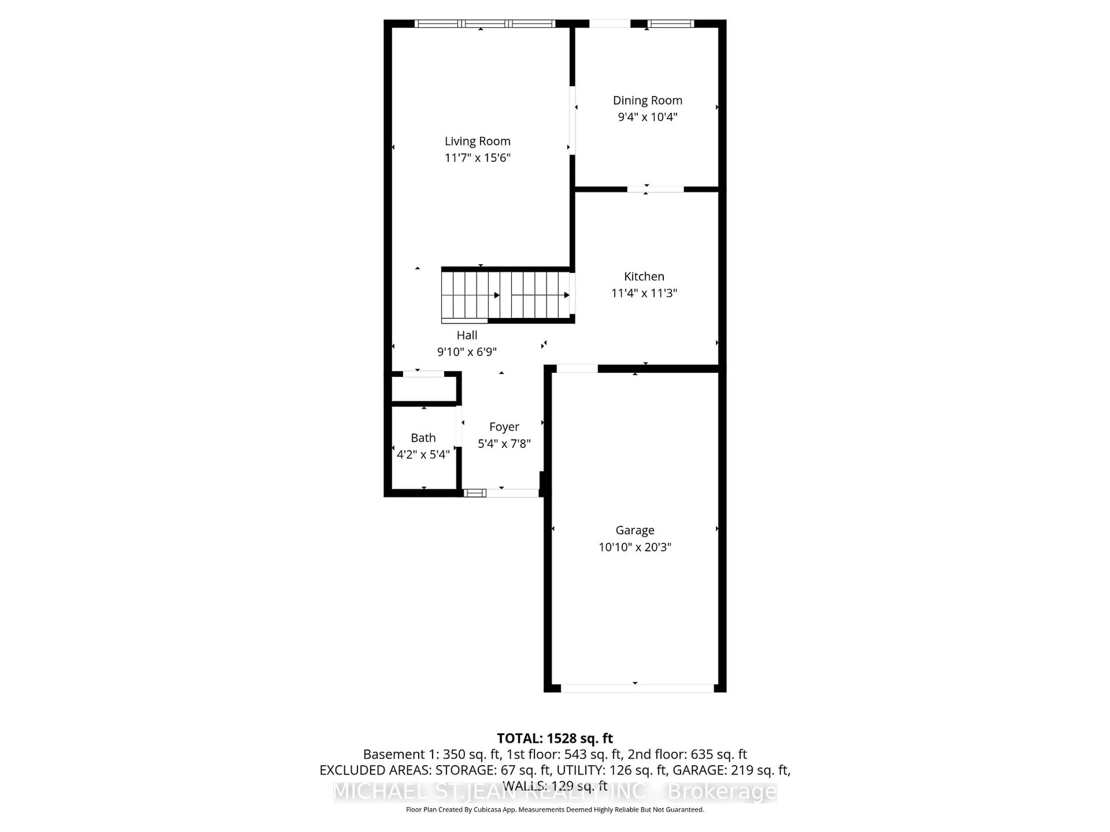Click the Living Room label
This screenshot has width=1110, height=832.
coord(477,142)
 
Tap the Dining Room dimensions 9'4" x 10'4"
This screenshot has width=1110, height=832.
coord(647,117)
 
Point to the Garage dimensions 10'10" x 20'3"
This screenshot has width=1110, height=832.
coord(635,547)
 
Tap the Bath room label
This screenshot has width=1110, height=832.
coord(423,438)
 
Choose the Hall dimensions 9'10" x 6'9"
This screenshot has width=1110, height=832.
coord(467,352)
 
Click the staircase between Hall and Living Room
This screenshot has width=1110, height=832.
coord(507,295)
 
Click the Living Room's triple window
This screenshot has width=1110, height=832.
coord(485,24)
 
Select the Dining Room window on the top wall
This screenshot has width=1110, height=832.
coord(670,24)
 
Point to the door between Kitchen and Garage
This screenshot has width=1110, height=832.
coord(577,369)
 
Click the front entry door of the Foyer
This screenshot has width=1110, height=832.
coord(512,493)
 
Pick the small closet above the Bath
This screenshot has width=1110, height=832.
coord(423,388)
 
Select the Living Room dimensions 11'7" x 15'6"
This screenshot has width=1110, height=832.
coord(477,158)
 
